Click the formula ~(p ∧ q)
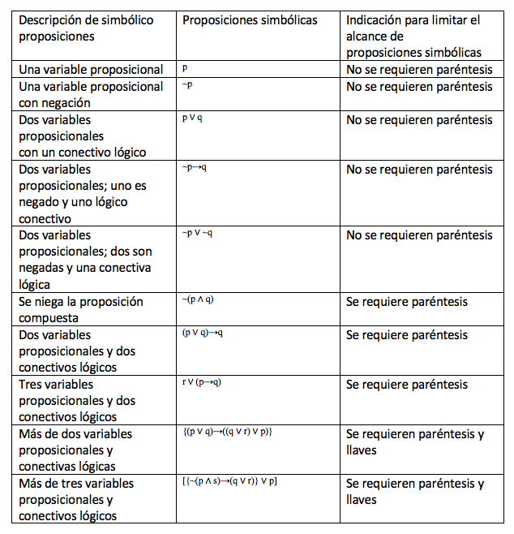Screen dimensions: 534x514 click(x=198, y=299)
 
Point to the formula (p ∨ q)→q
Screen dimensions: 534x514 click(x=203, y=333)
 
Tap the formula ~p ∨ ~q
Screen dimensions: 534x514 click(x=197, y=234)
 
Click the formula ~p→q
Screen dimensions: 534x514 click(x=195, y=168)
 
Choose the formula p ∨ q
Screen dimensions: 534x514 click(x=192, y=118)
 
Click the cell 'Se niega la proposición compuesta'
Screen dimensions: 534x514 click(x=81, y=309)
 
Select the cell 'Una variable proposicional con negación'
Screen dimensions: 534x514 click(x=91, y=94)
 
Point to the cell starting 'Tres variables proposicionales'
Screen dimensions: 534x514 click(x=77, y=400)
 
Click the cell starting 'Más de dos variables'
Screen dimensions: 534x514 click(x=75, y=450)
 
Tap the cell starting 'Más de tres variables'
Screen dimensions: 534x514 click(x=76, y=499)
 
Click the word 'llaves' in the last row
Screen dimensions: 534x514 click(x=362, y=500)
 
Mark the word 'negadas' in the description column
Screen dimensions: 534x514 click(x=41, y=268)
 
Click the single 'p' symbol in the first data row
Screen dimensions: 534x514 click(x=186, y=69)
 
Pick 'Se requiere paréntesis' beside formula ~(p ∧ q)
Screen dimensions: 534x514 click(x=407, y=301)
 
